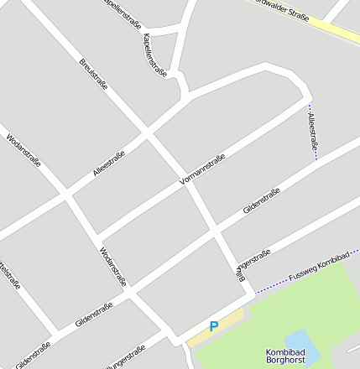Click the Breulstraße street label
[93, 75]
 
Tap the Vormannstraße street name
[202, 170]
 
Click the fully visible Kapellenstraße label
[155, 55]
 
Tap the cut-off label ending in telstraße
[10, 278]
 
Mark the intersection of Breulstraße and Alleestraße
[148, 132]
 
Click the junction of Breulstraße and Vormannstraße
[185, 182]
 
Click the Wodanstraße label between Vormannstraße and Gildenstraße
[112, 267]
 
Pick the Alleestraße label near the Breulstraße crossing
[109, 166]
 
